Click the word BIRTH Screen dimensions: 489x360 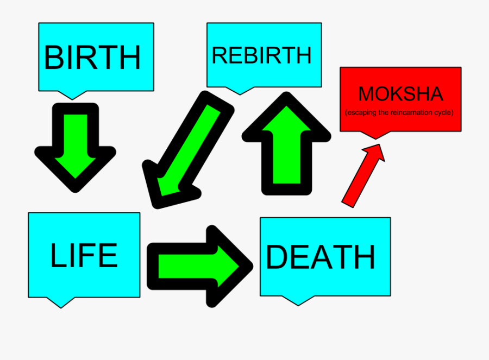click(92, 58)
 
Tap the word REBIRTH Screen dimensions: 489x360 click(262, 55)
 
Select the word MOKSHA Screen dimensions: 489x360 click(401, 94)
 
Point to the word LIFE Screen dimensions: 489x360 click(84, 255)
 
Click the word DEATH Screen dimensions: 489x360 click(320, 257)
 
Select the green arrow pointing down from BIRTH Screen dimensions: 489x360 click(75, 148)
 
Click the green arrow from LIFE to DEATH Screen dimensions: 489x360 click(200, 266)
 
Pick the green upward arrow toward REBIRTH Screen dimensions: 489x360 click(286, 143)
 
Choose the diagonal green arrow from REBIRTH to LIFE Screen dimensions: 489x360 click(188, 150)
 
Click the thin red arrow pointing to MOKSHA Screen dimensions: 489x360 click(363, 176)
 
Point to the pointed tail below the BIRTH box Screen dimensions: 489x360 click(72, 96)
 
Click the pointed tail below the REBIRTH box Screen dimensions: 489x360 click(240, 91)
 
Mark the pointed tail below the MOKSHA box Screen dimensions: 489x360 click(375, 135)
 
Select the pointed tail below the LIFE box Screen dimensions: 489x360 click(61, 302)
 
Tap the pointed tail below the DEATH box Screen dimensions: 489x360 click(298, 301)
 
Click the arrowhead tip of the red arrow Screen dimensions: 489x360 click(379, 144)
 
